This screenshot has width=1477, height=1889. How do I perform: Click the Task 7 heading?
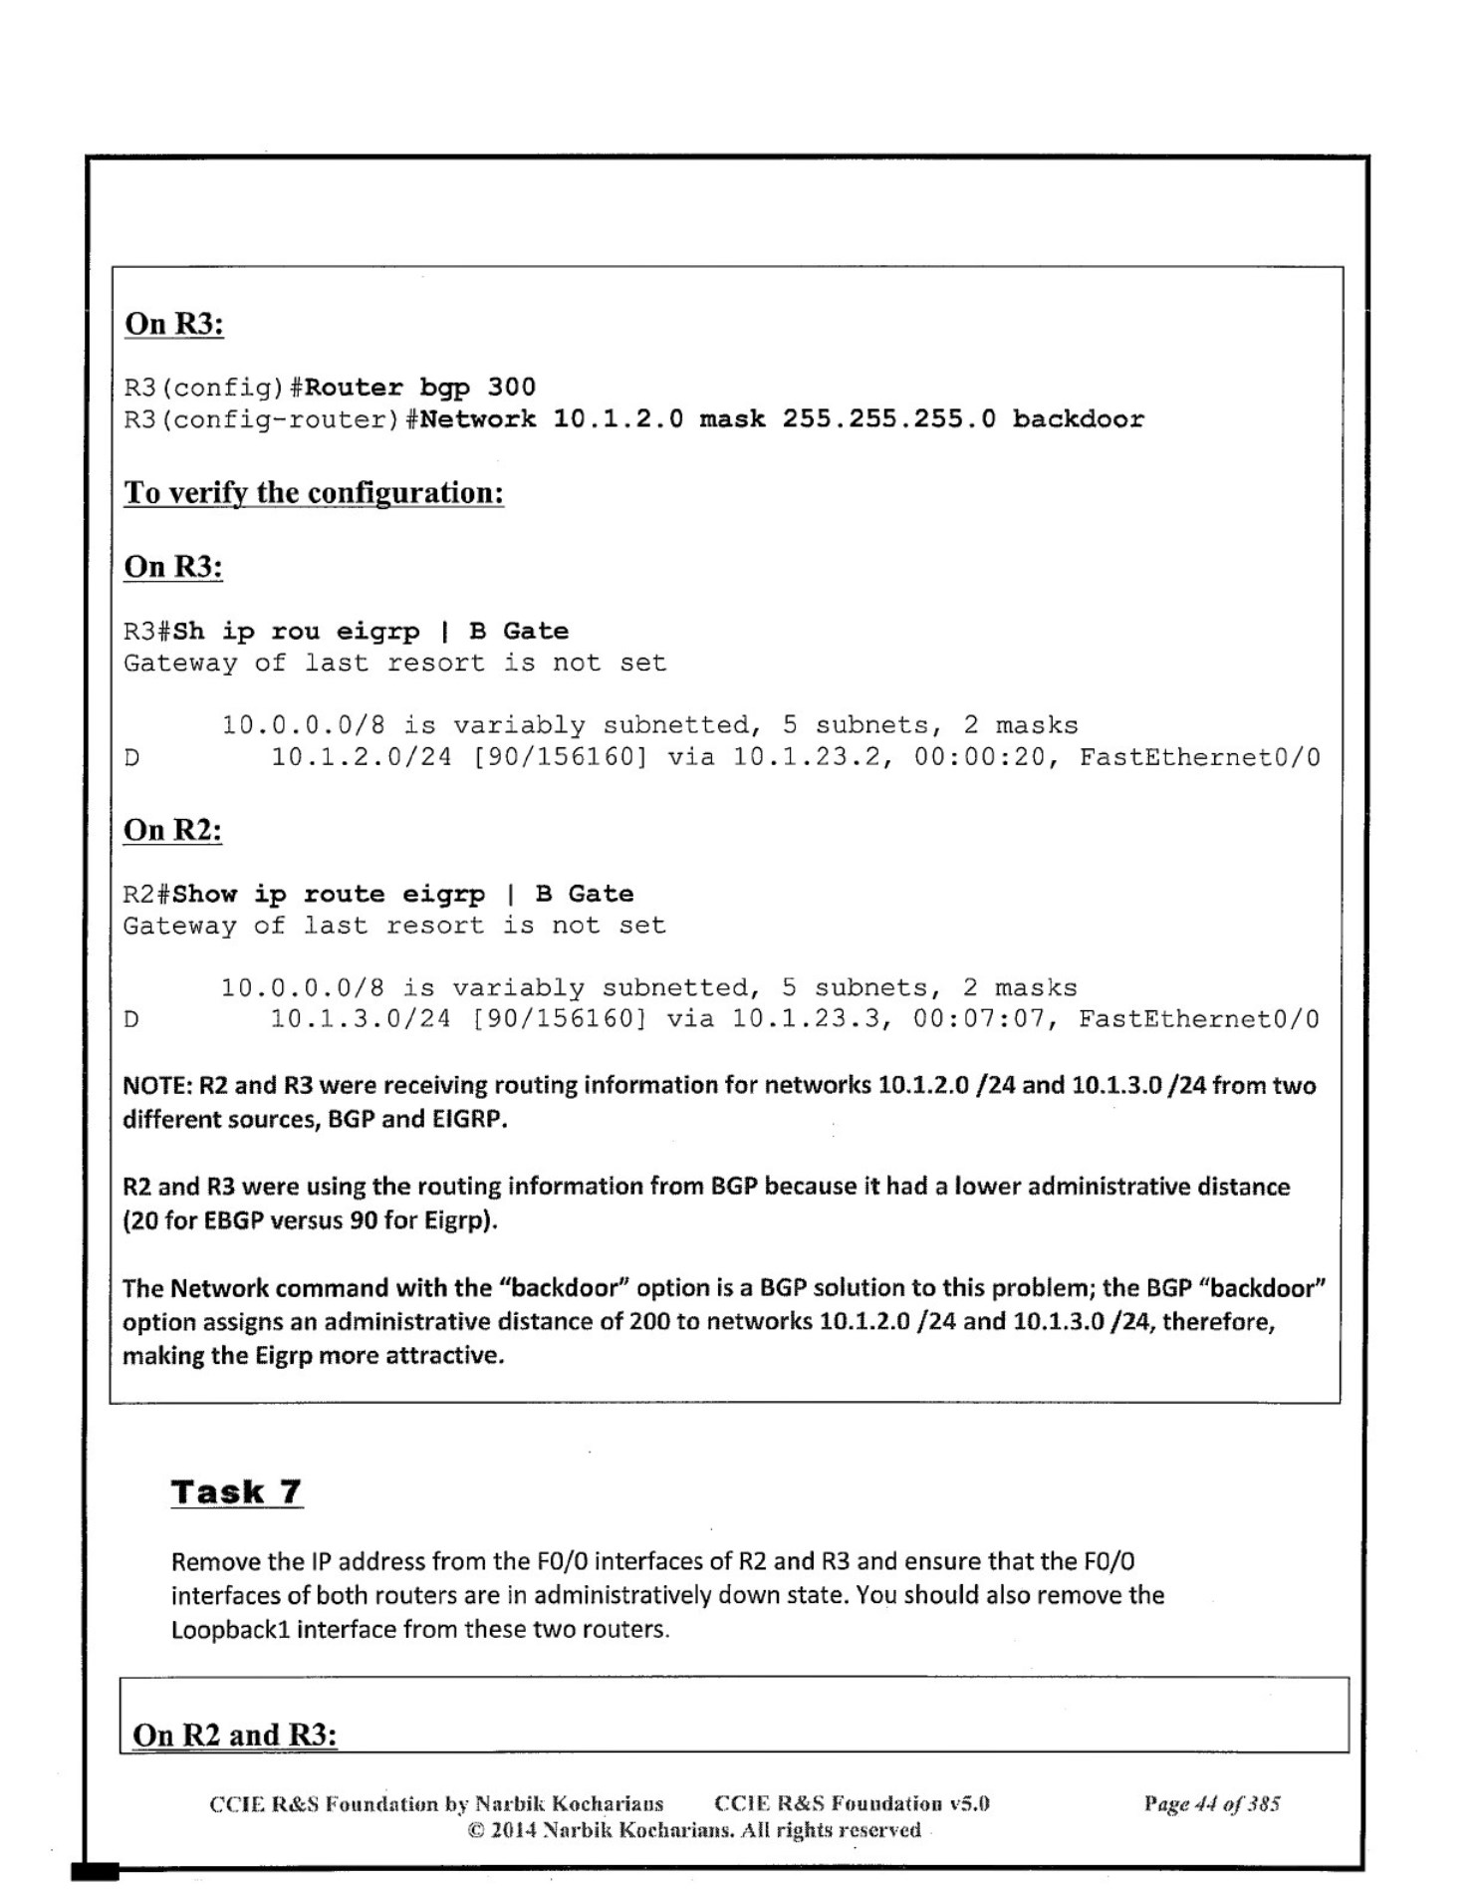pos(236,1491)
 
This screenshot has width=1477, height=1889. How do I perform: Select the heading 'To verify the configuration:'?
pos(314,492)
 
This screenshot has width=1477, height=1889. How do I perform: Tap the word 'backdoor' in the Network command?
pos(1078,418)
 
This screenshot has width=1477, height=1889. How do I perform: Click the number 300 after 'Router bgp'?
pos(511,387)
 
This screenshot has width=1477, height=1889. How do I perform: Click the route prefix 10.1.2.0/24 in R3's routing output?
pos(362,757)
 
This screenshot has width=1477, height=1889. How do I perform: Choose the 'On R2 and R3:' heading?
pos(235,1735)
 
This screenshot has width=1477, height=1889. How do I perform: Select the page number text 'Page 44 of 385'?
pos(1212,1803)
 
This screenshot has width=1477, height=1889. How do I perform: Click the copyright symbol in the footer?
pos(476,1830)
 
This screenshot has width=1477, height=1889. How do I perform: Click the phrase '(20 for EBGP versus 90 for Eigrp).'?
pos(310,1220)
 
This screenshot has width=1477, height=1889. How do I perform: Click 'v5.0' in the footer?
pos(968,1803)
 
